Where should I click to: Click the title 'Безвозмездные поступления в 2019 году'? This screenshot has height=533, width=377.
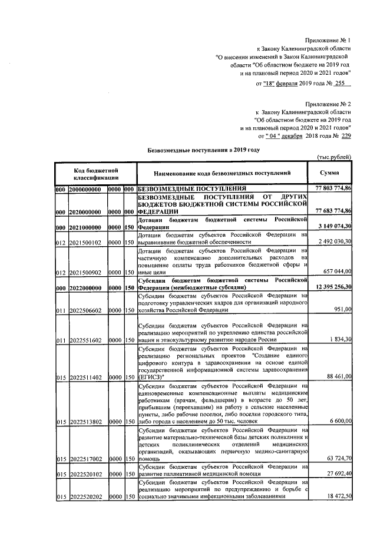click(x=203, y=151)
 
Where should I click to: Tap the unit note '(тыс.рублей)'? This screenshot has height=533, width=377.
click(x=334, y=158)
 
